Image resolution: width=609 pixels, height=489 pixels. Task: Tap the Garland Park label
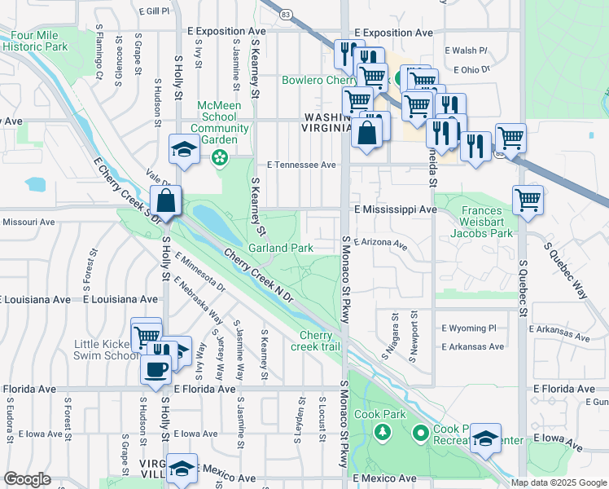[x=281, y=248]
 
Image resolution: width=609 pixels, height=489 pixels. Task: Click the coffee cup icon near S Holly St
[x=155, y=368]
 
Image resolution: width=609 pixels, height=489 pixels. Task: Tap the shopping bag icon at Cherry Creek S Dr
[x=165, y=200]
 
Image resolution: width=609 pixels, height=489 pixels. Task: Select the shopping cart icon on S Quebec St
[x=528, y=199]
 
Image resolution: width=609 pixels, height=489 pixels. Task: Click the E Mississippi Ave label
[x=396, y=209]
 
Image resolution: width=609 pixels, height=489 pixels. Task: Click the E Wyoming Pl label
[x=468, y=328]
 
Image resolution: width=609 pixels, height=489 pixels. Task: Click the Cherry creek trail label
[x=316, y=341]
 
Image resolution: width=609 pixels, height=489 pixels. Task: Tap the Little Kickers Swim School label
[x=106, y=350]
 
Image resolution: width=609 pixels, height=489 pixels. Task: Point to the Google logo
[x=28, y=479]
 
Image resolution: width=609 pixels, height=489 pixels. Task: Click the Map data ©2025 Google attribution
[x=558, y=482]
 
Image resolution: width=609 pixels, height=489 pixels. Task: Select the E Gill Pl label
[x=154, y=11]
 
